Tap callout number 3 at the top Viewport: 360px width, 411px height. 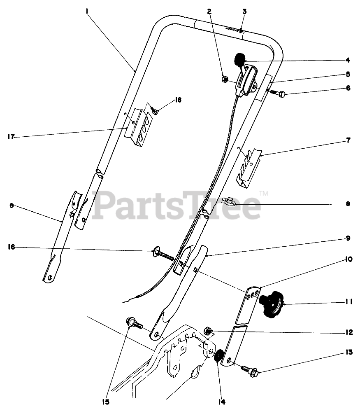click(244, 12)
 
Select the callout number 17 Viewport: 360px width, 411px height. click(12, 137)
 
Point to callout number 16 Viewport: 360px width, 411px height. click(11, 247)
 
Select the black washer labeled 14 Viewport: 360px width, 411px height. click(218, 355)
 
